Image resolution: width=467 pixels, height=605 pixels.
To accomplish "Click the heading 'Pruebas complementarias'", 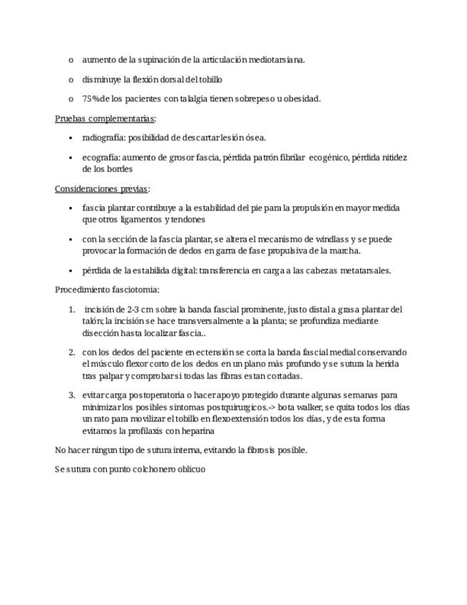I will pos(105,118).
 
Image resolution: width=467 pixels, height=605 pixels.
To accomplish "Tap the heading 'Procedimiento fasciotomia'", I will pos(107,290).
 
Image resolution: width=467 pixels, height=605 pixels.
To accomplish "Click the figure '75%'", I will pos(91,98).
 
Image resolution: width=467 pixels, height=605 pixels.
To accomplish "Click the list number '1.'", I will pos(72,310).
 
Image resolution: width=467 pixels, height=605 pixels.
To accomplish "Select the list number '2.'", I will pos(72,352).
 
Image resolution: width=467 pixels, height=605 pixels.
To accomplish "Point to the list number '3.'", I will pos(72,395).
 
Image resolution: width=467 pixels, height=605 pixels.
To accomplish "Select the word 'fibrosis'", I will pos(255,450).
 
